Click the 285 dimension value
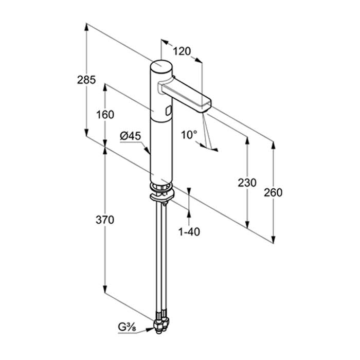coord(86,80)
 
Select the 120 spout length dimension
coord(182,51)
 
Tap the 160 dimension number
coord(105,115)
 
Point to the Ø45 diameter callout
coord(130,136)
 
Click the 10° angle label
coord(189,135)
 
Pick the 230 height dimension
coord(247,183)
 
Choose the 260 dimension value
coord(273,192)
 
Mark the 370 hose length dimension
coord(105,220)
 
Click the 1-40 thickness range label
coord(189,232)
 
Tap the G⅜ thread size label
coord(127,327)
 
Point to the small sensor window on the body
coord(169,111)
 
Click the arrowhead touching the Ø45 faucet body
coord(147,150)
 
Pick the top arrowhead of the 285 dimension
coord(86,27)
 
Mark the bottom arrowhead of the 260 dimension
coord(273,239)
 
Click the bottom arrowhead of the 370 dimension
coord(105,289)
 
